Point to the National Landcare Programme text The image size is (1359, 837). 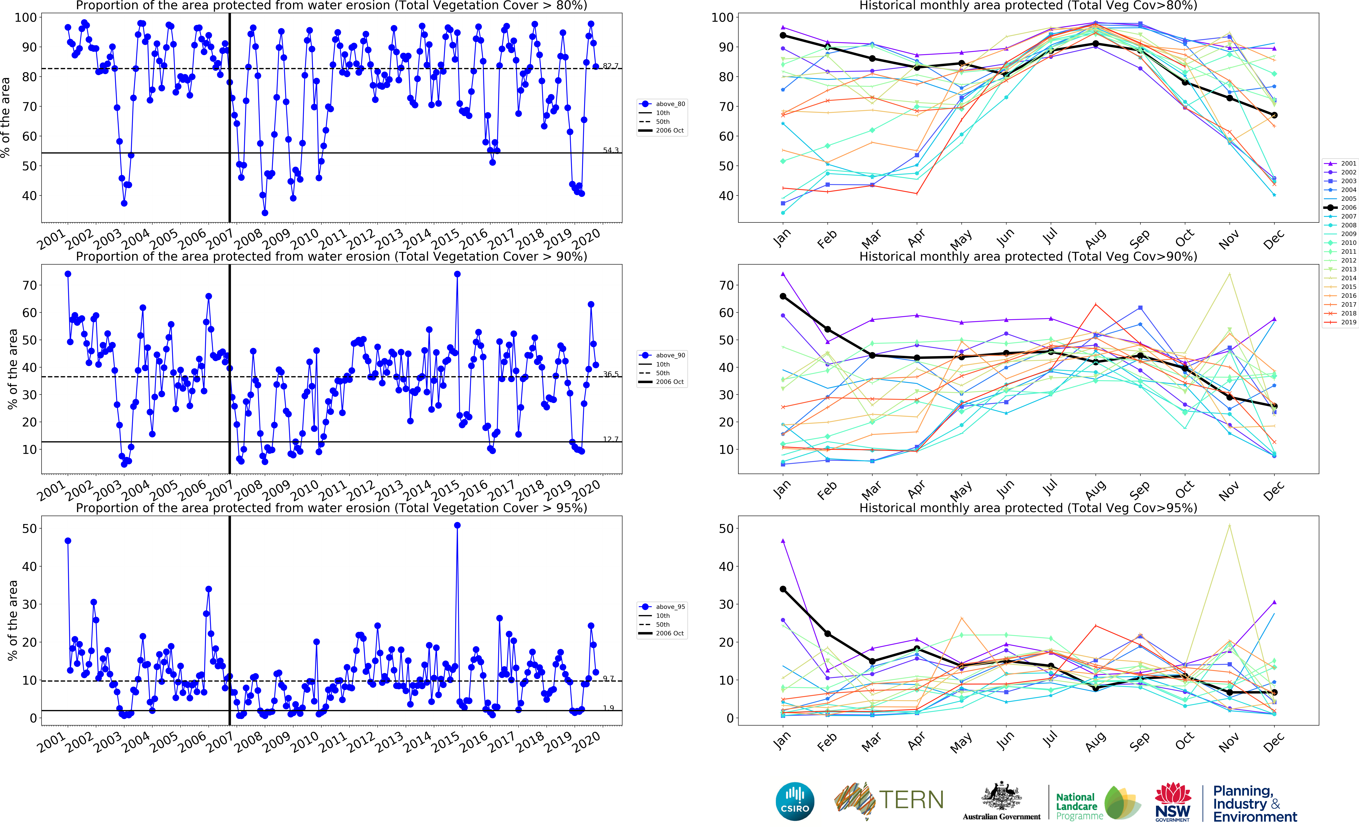tap(1078, 806)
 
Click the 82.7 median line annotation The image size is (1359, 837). tap(611, 66)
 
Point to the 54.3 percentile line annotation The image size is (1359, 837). tap(611, 150)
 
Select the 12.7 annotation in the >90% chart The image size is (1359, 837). tap(611, 439)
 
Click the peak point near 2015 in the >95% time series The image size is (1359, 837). tap(457, 525)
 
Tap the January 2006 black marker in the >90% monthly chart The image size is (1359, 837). tap(783, 296)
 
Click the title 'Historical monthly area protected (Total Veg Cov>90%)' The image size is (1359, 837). tap(1028, 256)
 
